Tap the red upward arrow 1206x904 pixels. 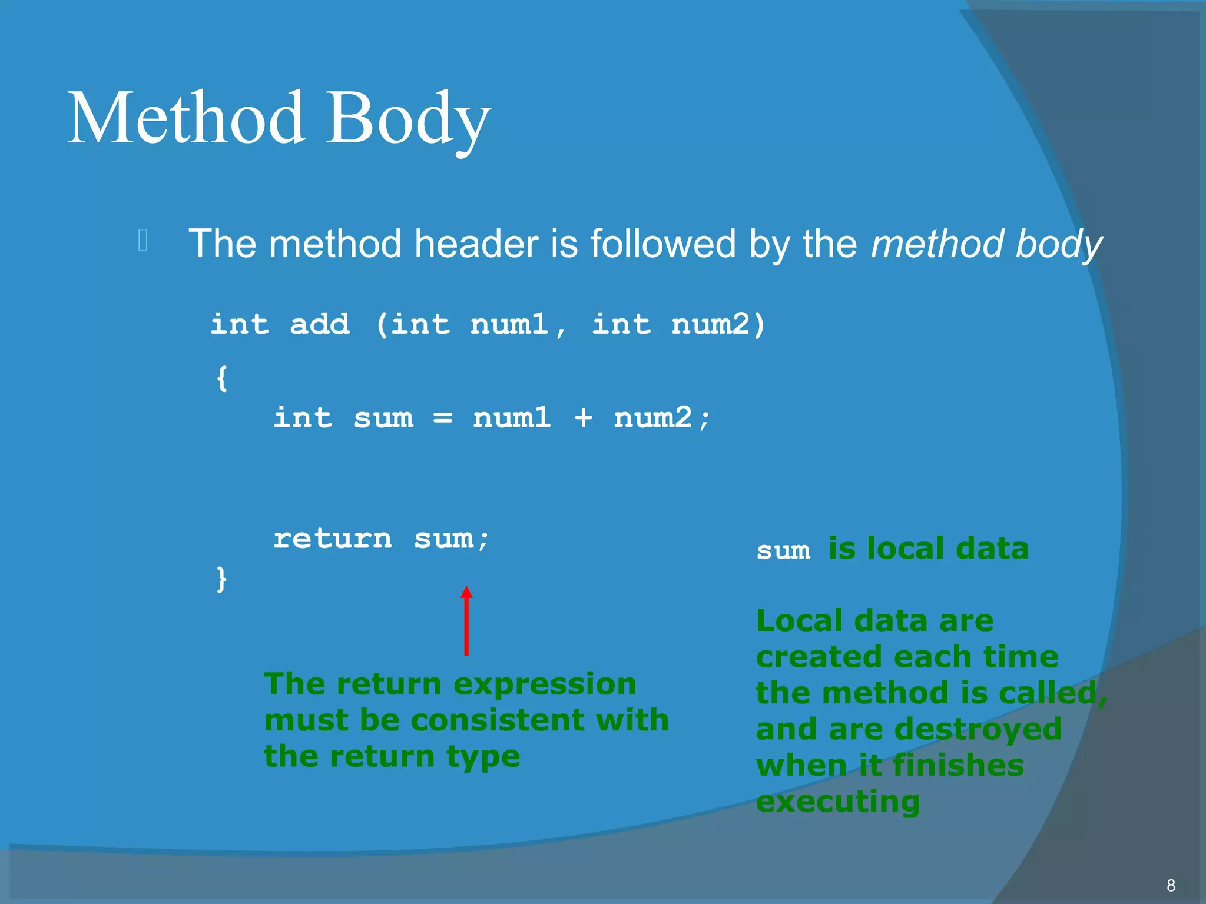[x=466, y=621]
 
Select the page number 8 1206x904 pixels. [x=1171, y=885]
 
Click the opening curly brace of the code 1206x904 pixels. [x=222, y=378]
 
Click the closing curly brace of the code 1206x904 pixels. [x=222, y=579]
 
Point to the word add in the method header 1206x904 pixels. [x=320, y=324]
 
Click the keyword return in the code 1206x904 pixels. [x=332, y=539]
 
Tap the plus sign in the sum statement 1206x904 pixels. [x=582, y=418]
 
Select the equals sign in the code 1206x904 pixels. [x=443, y=418]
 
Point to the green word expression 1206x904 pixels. [x=545, y=684]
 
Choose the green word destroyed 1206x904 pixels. [x=978, y=729]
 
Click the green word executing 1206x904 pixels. [x=837, y=802]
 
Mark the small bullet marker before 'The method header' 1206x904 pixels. [x=143, y=240]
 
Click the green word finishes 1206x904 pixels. [x=958, y=766]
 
